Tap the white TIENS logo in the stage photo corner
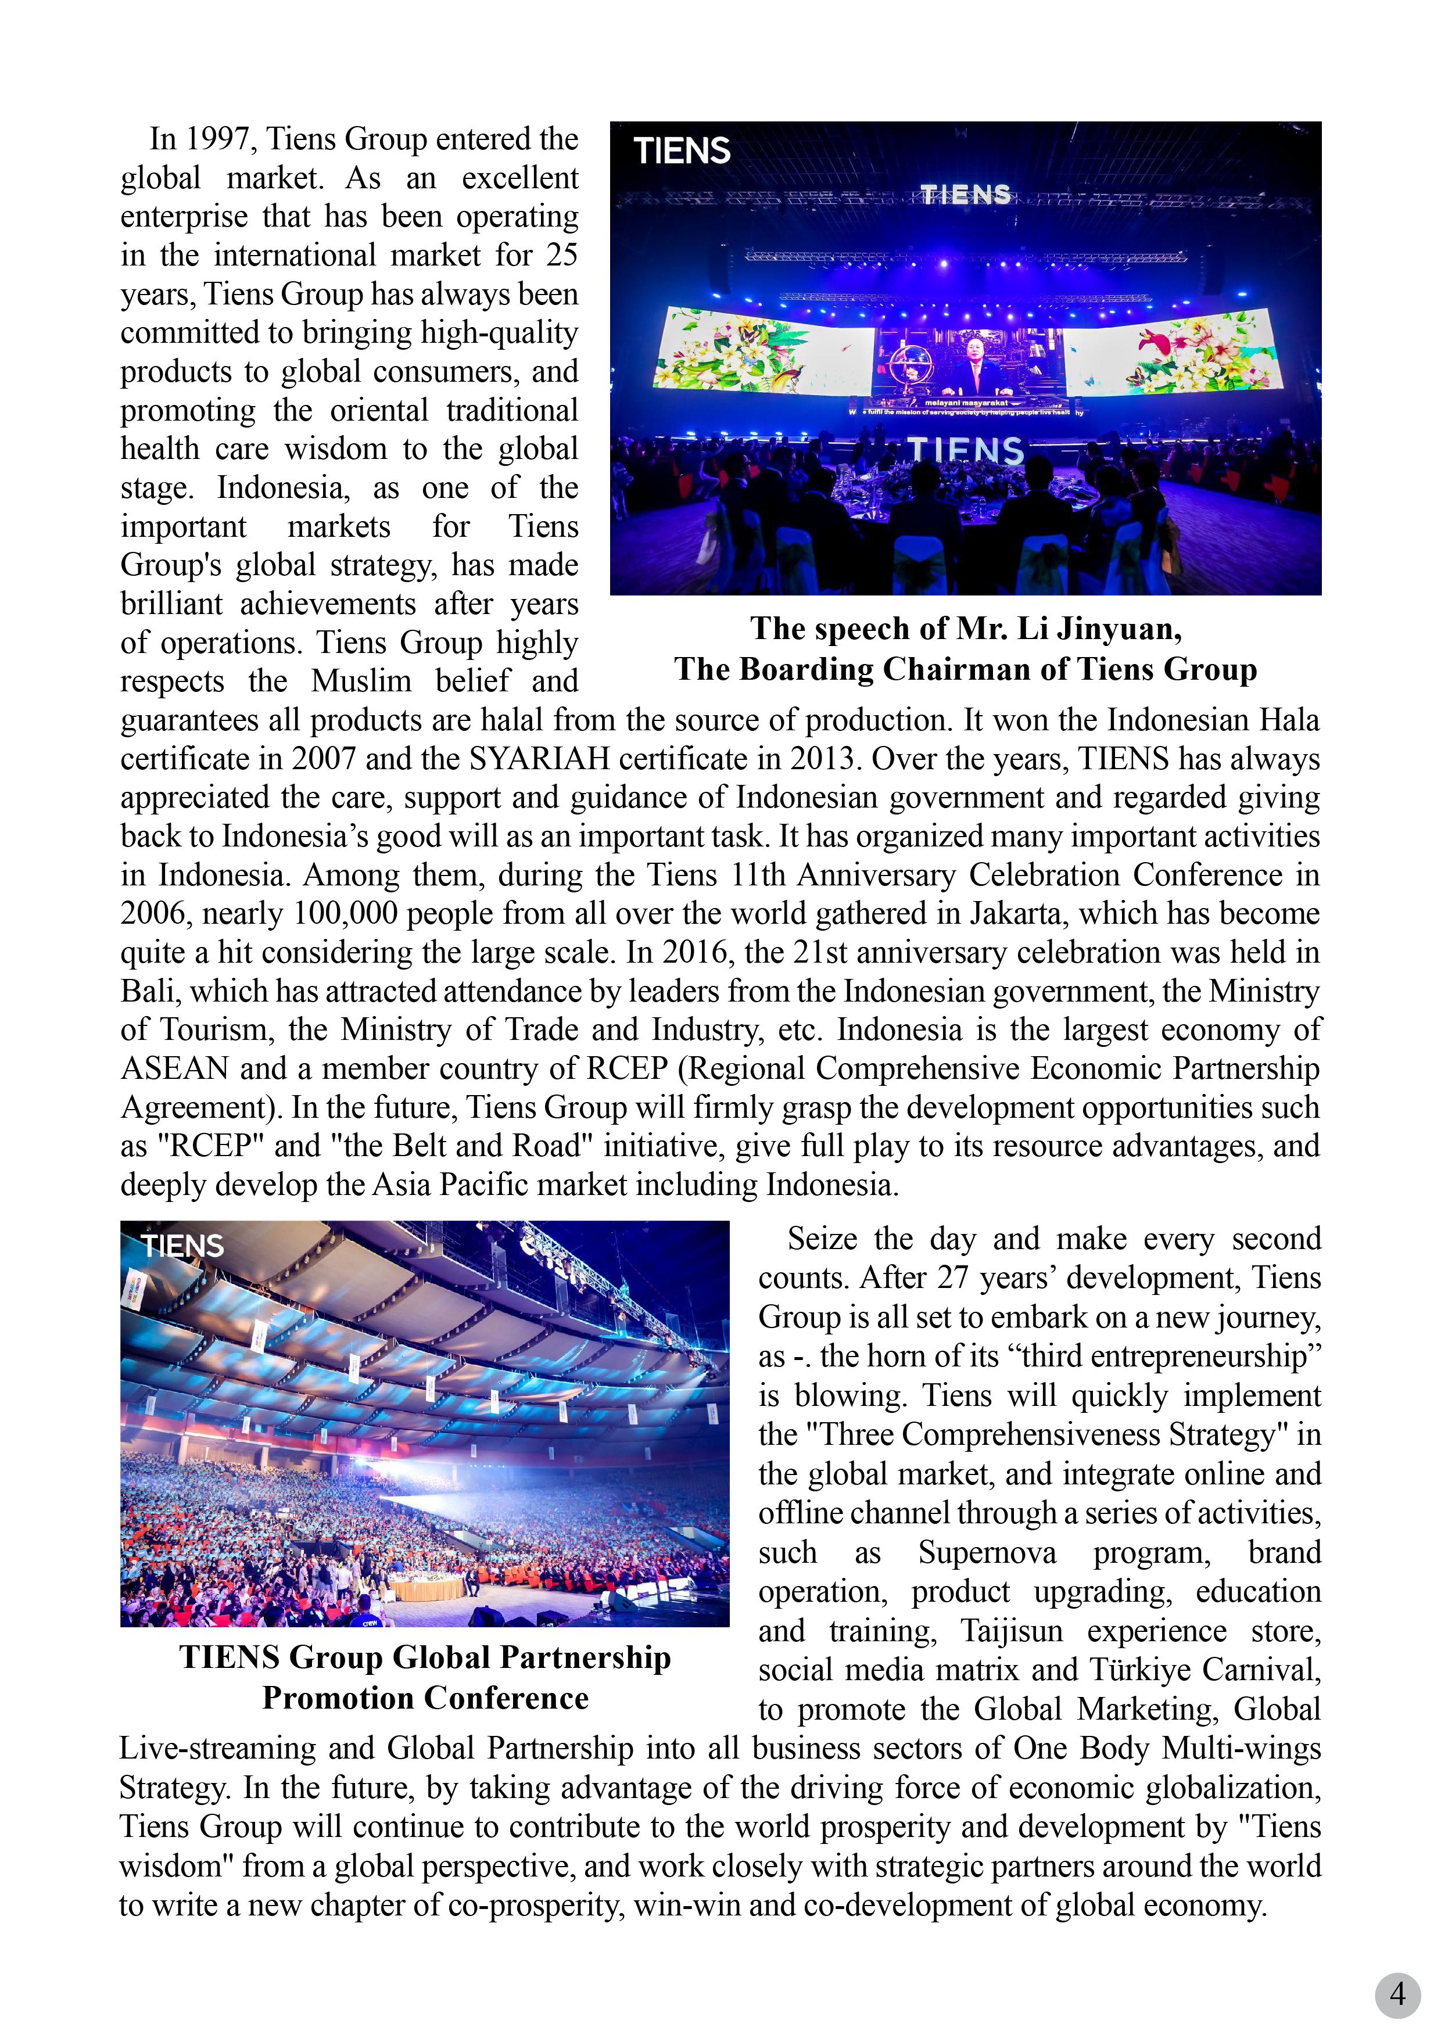pos(682,151)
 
